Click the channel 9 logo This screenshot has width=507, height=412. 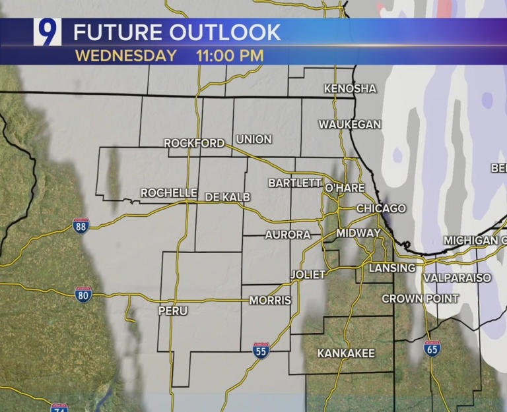(x=48, y=32)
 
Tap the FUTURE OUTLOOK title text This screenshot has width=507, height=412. (x=177, y=32)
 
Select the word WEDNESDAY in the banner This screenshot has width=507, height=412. (x=125, y=55)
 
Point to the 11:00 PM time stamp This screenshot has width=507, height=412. (x=230, y=55)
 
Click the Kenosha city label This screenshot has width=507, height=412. (x=350, y=88)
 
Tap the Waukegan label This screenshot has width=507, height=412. (x=350, y=124)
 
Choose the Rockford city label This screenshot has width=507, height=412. (x=194, y=142)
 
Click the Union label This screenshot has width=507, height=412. (x=253, y=139)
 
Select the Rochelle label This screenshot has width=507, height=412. (x=169, y=192)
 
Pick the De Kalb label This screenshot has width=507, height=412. (x=230, y=196)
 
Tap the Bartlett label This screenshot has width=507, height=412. (x=294, y=183)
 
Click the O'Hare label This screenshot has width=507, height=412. (x=345, y=188)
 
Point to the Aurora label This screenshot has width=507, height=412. (x=288, y=235)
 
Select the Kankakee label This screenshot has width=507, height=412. (x=346, y=353)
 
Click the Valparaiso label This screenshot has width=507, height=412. (x=457, y=278)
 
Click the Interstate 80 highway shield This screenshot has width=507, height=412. (x=84, y=294)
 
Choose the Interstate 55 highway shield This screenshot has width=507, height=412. (x=261, y=350)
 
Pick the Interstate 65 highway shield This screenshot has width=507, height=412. (x=432, y=349)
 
